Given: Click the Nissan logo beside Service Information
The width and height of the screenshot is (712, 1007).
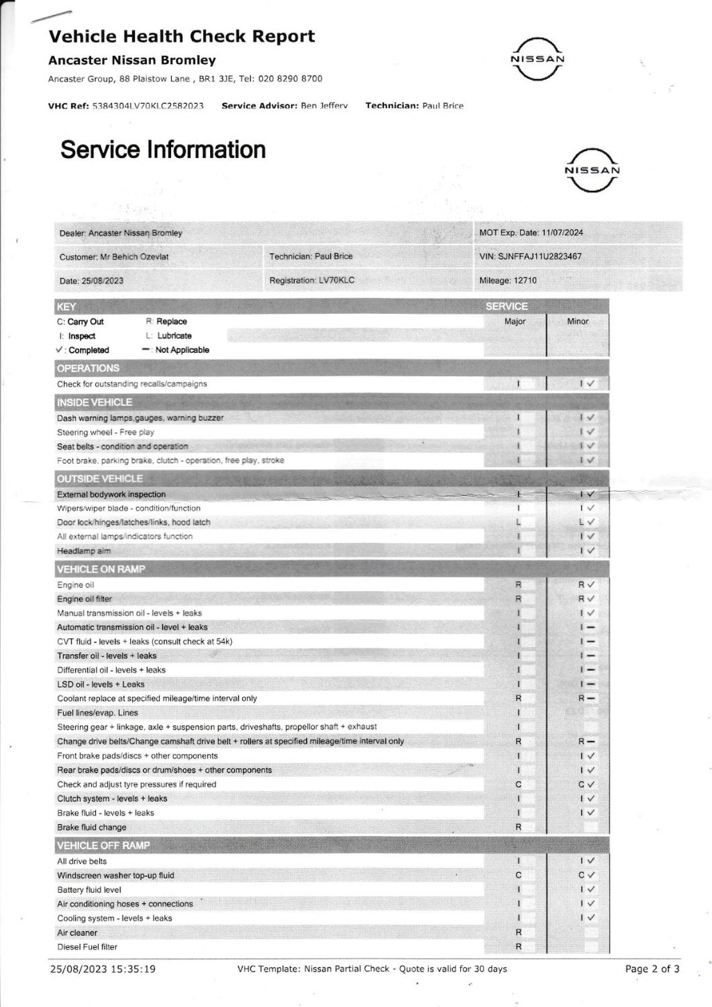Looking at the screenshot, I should [592, 171].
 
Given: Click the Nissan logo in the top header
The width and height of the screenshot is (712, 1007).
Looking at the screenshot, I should [537, 59].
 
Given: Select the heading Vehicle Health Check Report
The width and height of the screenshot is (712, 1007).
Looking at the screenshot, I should [181, 36].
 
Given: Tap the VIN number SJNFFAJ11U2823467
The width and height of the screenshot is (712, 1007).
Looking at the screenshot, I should [540, 256].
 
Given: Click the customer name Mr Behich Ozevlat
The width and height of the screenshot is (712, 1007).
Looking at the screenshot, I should [134, 257].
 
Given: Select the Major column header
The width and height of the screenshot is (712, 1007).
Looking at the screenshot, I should [515, 322].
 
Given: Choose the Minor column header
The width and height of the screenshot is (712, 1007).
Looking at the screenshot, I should [578, 322].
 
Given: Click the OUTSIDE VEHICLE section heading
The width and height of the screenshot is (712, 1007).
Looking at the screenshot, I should [100, 479].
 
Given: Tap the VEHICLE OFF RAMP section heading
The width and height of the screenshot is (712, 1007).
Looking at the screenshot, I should [104, 846].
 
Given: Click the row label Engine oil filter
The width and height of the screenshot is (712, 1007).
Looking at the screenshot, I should [84, 599].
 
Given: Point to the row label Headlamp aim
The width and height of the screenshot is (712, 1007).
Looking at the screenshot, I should [83, 551].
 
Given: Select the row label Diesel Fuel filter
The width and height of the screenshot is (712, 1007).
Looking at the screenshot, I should [87, 947].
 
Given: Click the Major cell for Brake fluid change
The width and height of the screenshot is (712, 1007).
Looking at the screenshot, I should [518, 827].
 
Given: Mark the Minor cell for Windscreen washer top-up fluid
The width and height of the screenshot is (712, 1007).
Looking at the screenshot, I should [586, 875].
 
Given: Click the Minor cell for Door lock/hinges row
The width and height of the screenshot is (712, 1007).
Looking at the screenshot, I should [586, 522].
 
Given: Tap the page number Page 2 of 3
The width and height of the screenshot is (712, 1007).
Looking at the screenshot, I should [652, 969].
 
